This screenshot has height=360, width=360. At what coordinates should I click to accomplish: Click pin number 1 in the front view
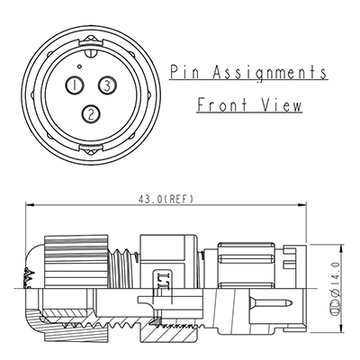(x=74, y=85)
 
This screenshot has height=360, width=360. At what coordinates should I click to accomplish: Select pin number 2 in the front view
(x=91, y=113)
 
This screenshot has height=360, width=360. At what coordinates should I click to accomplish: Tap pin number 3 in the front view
(x=107, y=85)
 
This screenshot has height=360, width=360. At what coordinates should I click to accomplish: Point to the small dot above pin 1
(x=79, y=67)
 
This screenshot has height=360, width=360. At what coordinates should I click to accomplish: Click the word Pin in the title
(x=184, y=72)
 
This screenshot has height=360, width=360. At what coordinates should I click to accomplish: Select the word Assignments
(x=269, y=74)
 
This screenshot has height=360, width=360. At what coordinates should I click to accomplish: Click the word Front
(x=222, y=105)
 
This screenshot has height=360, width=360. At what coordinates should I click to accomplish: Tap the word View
(x=281, y=105)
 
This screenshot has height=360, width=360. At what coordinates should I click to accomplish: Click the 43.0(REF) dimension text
(x=166, y=199)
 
